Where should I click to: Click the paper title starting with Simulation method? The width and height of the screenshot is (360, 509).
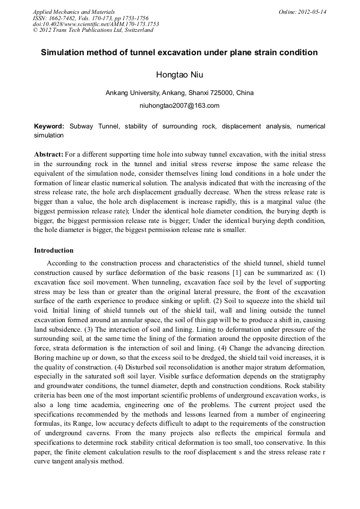(x=179, y=53)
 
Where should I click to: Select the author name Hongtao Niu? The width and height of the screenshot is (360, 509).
(x=179, y=74)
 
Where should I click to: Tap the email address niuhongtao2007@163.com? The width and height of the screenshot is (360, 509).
(x=179, y=106)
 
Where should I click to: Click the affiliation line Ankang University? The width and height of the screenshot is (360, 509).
(x=179, y=93)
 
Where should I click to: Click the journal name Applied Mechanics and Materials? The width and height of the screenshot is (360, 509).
(x=73, y=12)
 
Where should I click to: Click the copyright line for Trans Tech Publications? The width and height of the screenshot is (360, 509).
(x=93, y=30)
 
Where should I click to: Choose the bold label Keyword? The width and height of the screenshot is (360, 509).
(x=49, y=126)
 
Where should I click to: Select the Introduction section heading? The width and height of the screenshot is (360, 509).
(x=54, y=251)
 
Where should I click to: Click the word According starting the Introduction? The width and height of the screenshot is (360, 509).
(x=62, y=263)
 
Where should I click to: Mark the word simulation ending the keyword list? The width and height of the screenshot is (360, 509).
(x=48, y=135)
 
